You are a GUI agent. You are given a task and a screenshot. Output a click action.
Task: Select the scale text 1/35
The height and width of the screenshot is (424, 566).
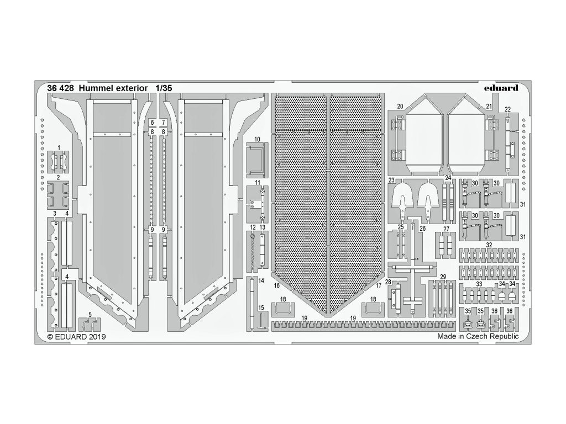164,88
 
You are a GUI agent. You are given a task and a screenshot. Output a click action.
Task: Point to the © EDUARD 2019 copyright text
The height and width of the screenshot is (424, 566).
76,336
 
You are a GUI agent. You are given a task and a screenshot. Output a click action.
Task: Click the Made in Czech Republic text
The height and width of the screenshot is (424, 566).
478,336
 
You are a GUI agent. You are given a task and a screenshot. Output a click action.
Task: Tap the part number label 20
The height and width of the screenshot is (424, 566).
399,106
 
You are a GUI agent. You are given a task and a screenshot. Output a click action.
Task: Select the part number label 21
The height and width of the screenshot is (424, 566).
488,106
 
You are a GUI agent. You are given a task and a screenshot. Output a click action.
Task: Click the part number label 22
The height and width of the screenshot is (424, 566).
507,109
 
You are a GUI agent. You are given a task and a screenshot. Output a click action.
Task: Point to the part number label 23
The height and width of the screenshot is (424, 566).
391,180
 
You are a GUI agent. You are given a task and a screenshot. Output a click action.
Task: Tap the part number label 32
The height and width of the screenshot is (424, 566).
489,245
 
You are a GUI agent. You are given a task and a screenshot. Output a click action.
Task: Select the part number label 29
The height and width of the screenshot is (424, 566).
443,276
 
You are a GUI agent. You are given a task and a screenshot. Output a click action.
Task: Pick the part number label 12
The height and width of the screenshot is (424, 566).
252,227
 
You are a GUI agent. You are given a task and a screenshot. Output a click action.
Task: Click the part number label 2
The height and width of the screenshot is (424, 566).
58,178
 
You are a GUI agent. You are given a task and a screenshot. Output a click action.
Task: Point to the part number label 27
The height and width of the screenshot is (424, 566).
446,229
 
